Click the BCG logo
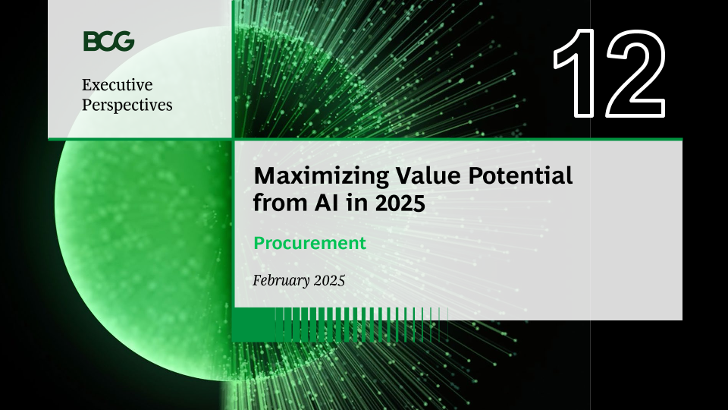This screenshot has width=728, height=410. point(108,41)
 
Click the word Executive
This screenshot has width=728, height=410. point(117,84)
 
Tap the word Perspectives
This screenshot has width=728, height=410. point(127,106)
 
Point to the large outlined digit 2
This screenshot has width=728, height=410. point(635,73)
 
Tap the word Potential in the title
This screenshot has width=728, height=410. point(520,175)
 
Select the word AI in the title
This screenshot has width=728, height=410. point(326,203)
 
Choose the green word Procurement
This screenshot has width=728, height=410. point(309,243)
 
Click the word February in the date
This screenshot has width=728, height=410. point(281,281)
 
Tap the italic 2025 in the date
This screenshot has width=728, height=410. point(330,281)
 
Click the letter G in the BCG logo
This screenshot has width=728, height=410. point(124,41)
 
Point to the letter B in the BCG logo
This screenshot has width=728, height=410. point(90,41)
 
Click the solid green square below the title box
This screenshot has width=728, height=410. point(253,324)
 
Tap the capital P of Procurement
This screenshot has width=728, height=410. point(259,243)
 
